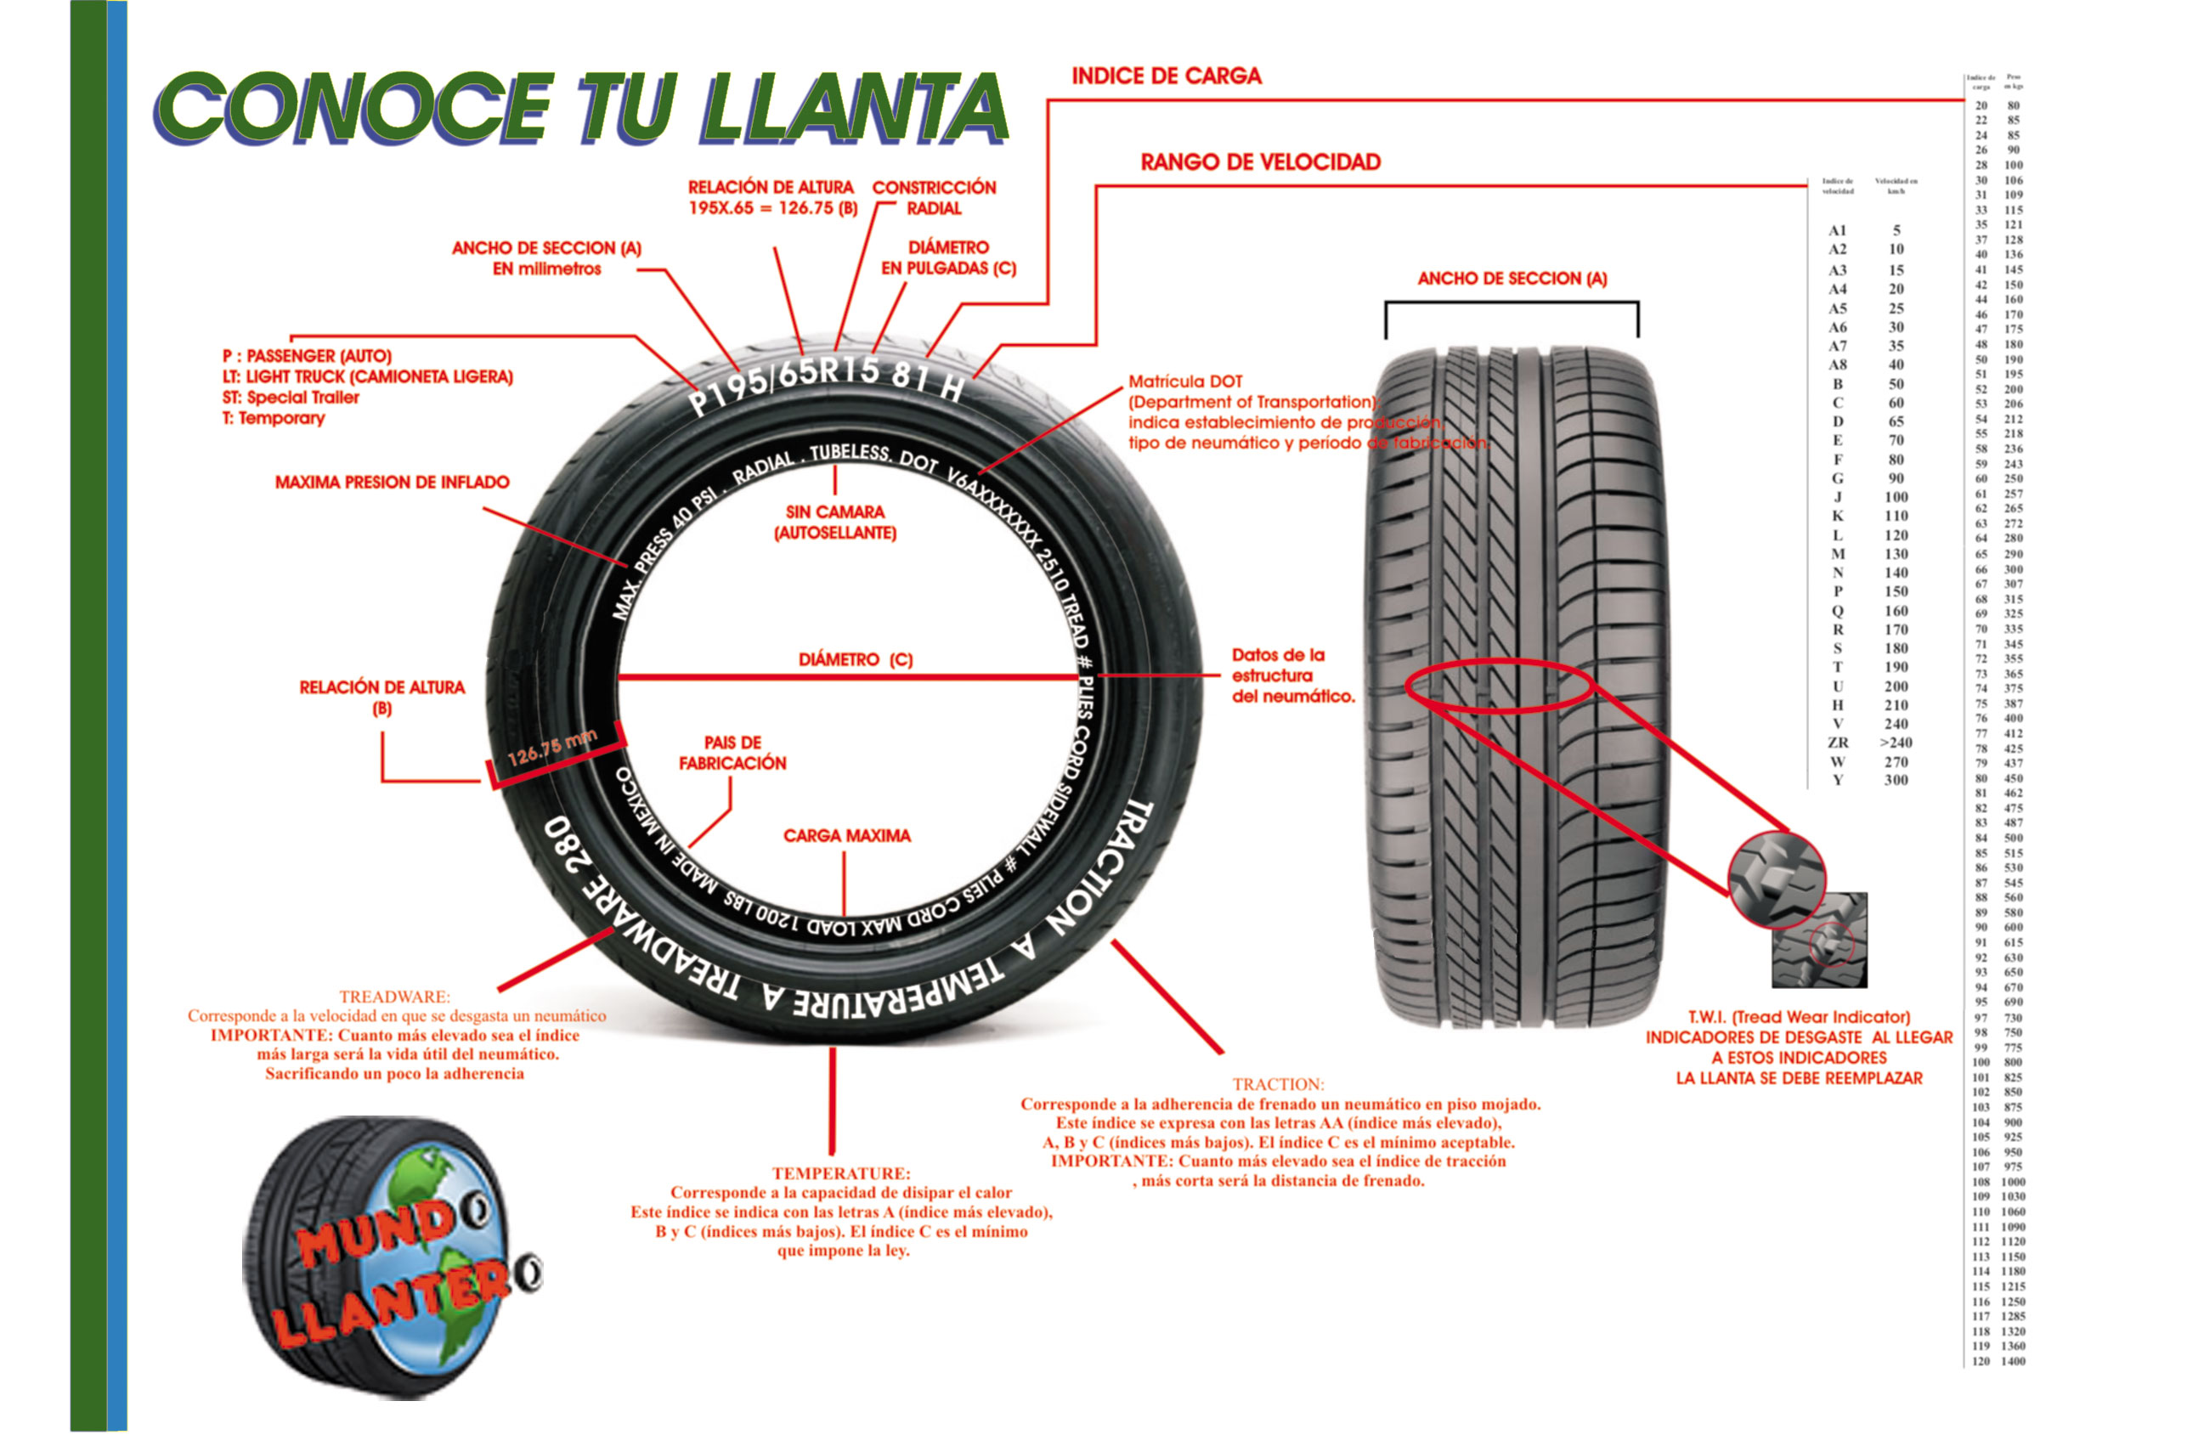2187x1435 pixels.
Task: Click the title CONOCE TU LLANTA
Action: click(x=581, y=109)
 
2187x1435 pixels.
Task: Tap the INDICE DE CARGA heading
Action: click(x=1166, y=76)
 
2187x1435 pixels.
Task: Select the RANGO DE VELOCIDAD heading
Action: click(x=1260, y=162)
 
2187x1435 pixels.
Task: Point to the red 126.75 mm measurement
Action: click(x=552, y=747)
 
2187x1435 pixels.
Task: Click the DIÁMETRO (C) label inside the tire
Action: click(x=855, y=659)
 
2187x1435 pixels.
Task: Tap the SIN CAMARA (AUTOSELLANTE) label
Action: click(x=834, y=522)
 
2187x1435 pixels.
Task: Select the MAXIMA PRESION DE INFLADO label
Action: click(x=392, y=483)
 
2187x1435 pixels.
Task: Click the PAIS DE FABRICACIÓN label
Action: click(x=732, y=753)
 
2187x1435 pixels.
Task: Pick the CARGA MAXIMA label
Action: click(x=846, y=836)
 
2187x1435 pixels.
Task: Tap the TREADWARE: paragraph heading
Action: click(x=394, y=997)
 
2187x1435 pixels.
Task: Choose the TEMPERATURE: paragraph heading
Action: click(x=841, y=1173)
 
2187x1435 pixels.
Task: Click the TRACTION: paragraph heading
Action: click(x=1278, y=1084)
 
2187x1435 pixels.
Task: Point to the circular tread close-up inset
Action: click(x=1777, y=879)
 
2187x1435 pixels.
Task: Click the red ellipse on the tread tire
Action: click(x=1500, y=686)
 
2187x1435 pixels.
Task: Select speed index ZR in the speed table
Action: click(x=1838, y=743)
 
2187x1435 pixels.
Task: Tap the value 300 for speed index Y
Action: click(x=1896, y=780)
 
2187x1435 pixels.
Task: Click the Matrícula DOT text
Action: click(x=1185, y=381)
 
